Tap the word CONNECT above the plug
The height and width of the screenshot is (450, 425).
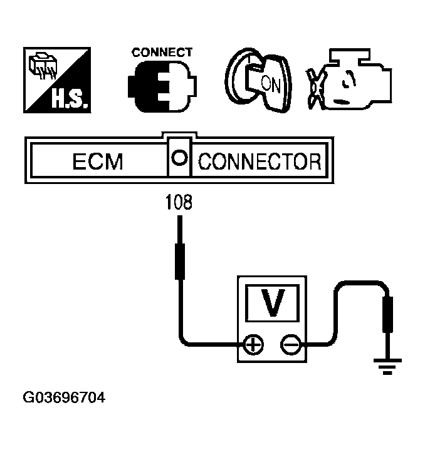point(162,53)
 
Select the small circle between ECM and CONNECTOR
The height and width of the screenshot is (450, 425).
point(180,159)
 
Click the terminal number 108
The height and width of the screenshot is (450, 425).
point(179,203)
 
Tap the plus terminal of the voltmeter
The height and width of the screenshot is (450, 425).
point(253,344)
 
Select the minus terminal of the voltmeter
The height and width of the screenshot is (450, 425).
point(291,344)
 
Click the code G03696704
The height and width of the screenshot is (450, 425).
point(63,398)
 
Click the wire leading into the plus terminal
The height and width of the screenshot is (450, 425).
point(207,344)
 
